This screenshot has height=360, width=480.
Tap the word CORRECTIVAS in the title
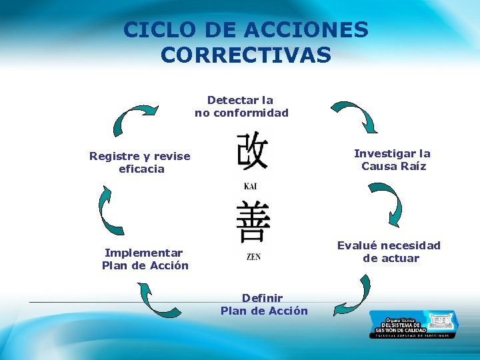click(x=245, y=55)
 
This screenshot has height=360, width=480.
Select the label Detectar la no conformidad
click(x=241, y=107)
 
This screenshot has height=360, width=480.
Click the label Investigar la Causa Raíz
click(x=393, y=160)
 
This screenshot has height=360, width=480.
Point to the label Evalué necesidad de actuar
click(x=389, y=252)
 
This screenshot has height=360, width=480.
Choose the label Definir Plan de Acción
click(x=264, y=305)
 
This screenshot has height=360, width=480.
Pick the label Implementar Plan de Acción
click(x=145, y=259)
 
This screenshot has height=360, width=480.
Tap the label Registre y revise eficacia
click(x=140, y=163)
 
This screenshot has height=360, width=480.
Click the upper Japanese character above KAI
click(x=252, y=151)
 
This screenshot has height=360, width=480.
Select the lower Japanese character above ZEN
click(x=253, y=222)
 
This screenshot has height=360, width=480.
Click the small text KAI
click(x=251, y=187)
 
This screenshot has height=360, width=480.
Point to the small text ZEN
click(x=253, y=257)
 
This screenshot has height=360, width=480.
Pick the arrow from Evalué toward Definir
click(x=355, y=297)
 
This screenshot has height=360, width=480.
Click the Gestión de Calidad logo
click(x=413, y=324)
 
